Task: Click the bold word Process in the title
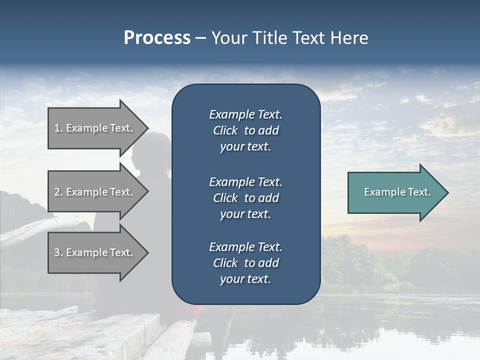pyautogui.click(x=157, y=38)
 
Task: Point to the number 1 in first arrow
pyautogui.click(x=57, y=128)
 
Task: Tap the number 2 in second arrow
pyautogui.click(x=57, y=192)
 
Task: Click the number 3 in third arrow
pyautogui.click(x=57, y=252)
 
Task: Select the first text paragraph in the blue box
pyautogui.click(x=245, y=130)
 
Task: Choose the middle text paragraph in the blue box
pyautogui.click(x=245, y=198)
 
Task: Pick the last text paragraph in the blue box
pyautogui.click(x=245, y=263)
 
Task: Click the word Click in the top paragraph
pyautogui.click(x=225, y=130)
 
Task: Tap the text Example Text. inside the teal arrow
pyautogui.click(x=397, y=192)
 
